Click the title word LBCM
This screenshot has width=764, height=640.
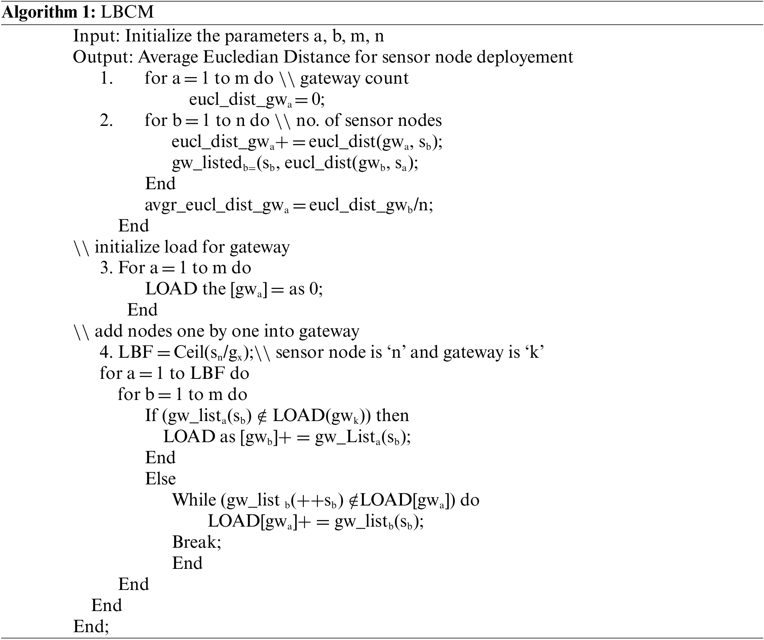point(127,13)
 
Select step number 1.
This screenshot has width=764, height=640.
point(106,78)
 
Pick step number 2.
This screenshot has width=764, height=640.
point(106,120)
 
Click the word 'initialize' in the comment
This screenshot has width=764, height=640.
point(127,247)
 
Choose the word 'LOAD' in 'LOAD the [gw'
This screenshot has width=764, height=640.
point(171,289)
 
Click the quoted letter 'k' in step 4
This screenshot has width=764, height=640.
point(532,353)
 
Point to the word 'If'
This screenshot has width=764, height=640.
point(151,416)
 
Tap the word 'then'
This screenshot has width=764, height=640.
point(392,416)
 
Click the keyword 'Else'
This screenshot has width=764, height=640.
point(160,479)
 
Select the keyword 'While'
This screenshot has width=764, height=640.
point(194,500)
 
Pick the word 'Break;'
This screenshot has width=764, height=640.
point(197,542)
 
